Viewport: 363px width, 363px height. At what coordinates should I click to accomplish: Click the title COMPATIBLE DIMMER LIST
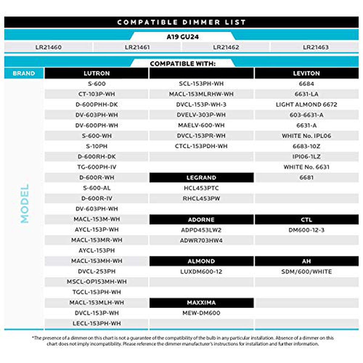[x=181, y=22]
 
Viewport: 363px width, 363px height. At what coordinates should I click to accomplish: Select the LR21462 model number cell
[x=226, y=47]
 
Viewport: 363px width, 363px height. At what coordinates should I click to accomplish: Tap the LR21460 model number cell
[x=48, y=47]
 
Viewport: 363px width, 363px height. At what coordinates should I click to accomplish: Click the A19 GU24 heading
[x=182, y=37]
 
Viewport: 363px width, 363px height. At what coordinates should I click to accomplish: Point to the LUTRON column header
[x=96, y=73]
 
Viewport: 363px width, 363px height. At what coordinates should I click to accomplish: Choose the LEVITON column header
[x=306, y=73]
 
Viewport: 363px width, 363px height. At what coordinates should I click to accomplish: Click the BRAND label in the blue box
[x=24, y=73]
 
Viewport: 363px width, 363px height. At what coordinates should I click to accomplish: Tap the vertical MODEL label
[x=24, y=203]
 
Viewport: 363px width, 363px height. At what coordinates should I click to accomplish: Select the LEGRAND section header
[x=201, y=178]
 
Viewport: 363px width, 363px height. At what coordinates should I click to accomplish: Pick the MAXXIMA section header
[x=201, y=302]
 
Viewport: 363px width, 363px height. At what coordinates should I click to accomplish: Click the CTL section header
[x=306, y=220]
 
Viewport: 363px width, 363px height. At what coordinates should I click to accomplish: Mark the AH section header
[x=306, y=261]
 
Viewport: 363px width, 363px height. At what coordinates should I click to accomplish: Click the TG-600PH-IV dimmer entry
[x=96, y=167]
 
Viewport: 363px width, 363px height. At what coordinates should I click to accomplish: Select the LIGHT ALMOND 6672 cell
[x=306, y=104]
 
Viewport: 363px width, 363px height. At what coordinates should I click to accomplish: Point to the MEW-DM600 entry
[x=201, y=313]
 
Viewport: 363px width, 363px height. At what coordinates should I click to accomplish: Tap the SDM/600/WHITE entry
[x=306, y=271]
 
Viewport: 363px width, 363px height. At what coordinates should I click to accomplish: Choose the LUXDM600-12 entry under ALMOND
[x=201, y=271]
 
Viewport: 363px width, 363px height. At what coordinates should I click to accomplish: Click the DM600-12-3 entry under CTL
[x=306, y=230]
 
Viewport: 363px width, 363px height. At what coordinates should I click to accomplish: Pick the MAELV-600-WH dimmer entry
[x=201, y=125]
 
